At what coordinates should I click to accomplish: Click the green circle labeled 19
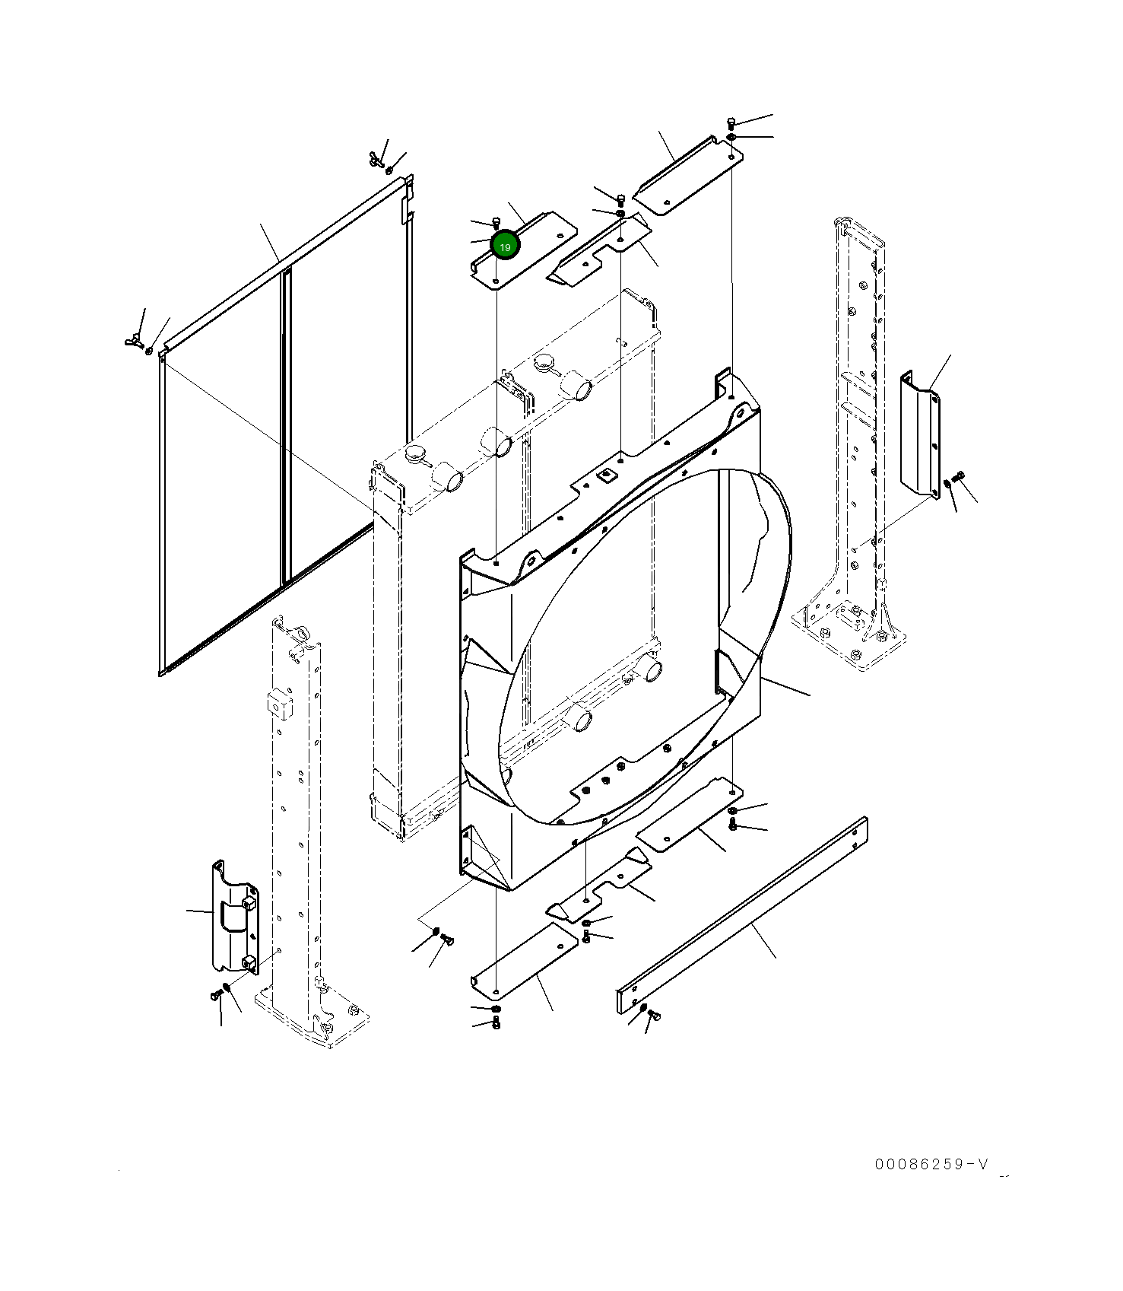point(505,246)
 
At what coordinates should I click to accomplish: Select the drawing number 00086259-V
point(931,1165)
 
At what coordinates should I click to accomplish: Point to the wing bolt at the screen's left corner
point(135,339)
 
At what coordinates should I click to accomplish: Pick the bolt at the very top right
point(731,122)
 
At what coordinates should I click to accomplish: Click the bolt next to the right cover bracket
point(959,477)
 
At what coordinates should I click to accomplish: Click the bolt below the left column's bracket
point(215,994)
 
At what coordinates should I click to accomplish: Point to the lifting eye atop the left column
point(299,633)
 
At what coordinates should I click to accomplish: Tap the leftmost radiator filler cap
point(416,454)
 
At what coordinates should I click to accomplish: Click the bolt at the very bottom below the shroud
point(496,1024)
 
